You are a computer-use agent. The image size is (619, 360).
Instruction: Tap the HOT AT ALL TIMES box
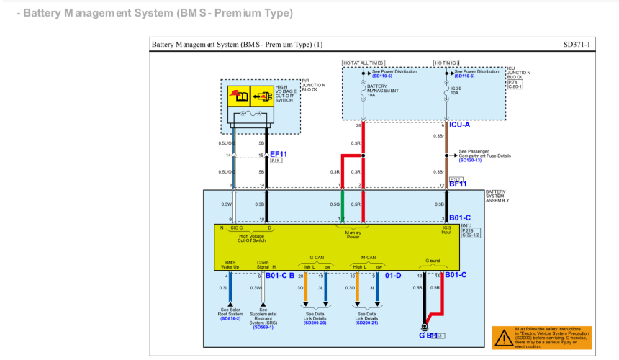pyautogui.click(x=363, y=63)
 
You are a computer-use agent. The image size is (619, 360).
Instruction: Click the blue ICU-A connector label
pyautogui.click(x=462, y=125)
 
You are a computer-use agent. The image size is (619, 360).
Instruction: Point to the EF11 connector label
pyautogui.click(x=278, y=154)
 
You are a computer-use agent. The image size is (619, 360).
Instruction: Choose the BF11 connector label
pyautogui.click(x=458, y=184)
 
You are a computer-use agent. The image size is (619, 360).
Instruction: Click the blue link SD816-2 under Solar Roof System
pyautogui.click(x=230, y=318)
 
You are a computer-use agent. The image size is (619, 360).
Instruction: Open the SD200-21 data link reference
pyautogui.click(x=366, y=323)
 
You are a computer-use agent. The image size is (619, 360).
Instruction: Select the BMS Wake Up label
pyautogui.click(x=230, y=264)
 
